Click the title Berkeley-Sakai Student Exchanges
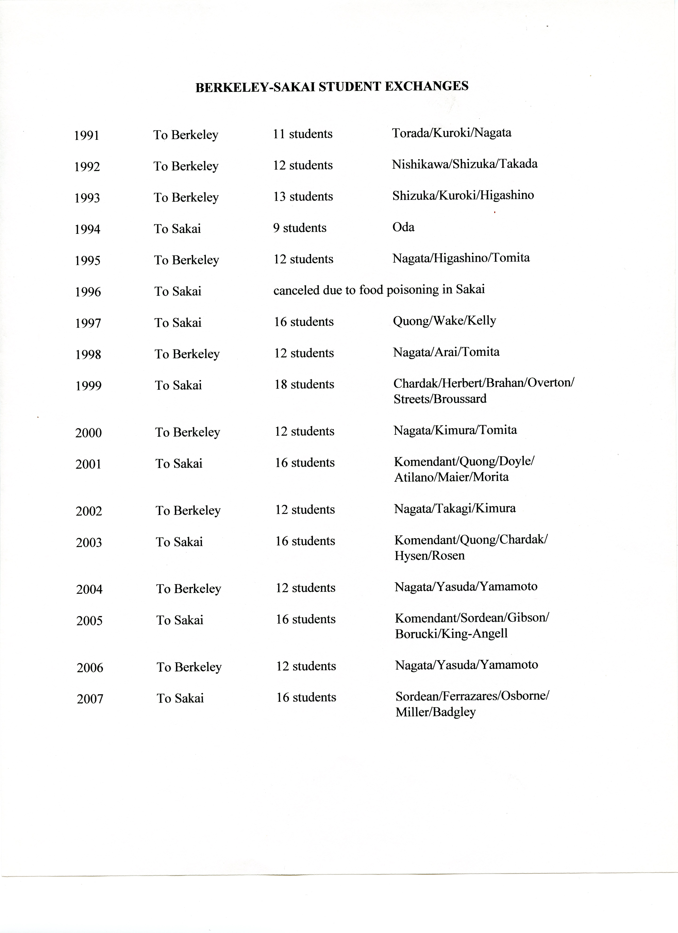332,86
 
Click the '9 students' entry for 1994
300,228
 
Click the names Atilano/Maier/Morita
451,477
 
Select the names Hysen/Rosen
430,556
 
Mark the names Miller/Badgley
436,712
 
